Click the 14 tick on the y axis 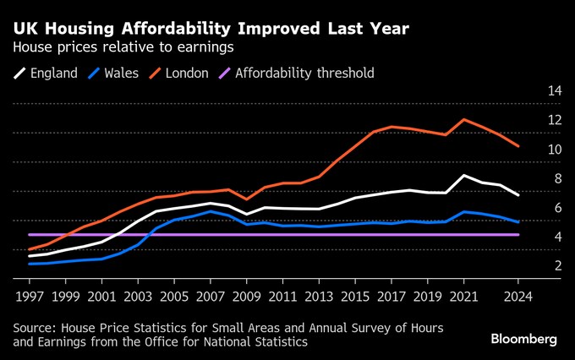click(x=554, y=90)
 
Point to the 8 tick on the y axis click(x=557, y=179)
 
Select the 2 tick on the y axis click(x=557, y=266)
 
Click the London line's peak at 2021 click(x=463, y=119)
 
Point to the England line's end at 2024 click(x=517, y=195)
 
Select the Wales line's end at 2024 click(x=517, y=222)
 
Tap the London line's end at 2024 click(x=517, y=146)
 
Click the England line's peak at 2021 click(x=463, y=175)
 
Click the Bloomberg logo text click(x=523, y=339)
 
